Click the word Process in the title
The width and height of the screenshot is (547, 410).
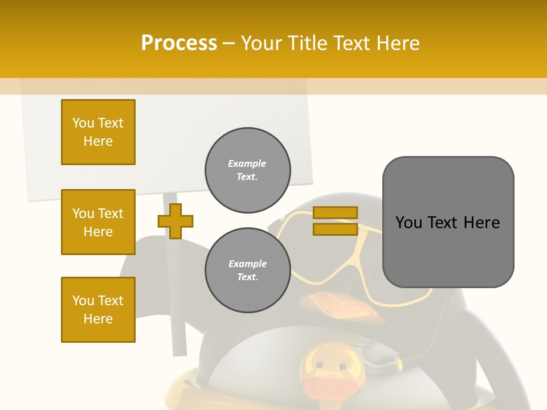179,43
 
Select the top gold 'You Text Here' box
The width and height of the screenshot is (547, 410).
98,132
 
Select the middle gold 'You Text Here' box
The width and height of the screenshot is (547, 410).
98,222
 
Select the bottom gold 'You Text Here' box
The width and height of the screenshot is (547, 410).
98,310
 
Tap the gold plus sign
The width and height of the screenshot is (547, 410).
175,221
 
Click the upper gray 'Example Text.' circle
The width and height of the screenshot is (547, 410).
248,170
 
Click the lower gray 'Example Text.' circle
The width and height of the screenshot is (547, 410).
248,270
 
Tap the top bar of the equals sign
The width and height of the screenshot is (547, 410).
336,212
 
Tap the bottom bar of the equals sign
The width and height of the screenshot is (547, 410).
336,229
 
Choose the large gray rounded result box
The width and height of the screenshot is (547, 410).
448,251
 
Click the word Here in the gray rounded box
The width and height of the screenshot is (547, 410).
482,223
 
